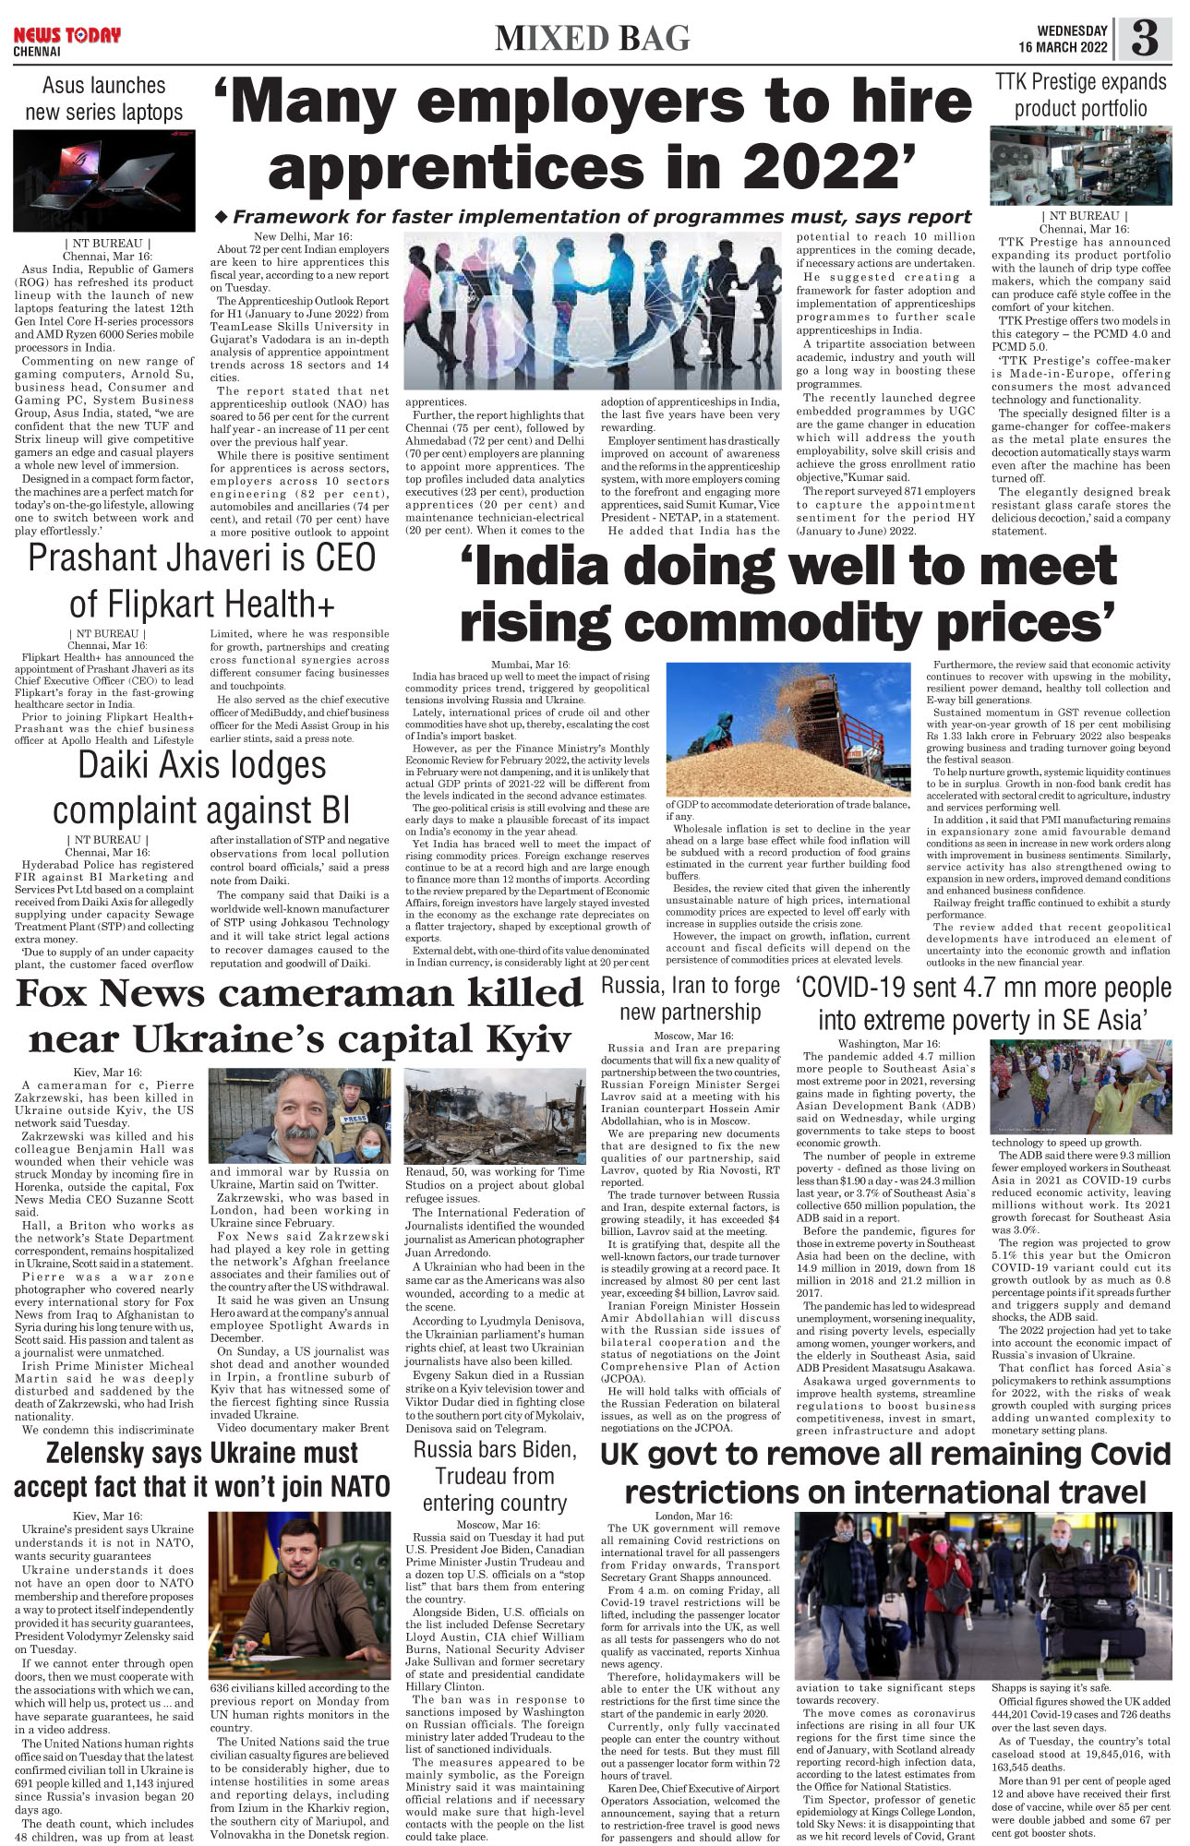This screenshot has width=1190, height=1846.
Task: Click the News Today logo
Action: pyautogui.click(x=66, y=36)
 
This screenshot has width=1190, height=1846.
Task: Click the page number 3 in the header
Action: pyautogui.click(x=1144, y=39)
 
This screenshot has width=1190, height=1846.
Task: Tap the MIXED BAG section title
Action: pyautogui.click(x=592, y=38)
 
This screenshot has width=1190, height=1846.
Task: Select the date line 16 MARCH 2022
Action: pyautogui.click(x=1063, y=48)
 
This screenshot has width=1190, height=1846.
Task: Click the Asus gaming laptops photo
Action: pyautogui.click(x=104, y=180)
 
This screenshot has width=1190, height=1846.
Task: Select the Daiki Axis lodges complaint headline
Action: pyautogui.click(x=201, y=787)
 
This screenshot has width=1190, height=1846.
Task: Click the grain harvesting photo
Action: pyautogui.click(x=787, y=729)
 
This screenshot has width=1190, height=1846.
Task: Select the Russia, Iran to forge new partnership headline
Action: pyautogui.click(x=691, y=998)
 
